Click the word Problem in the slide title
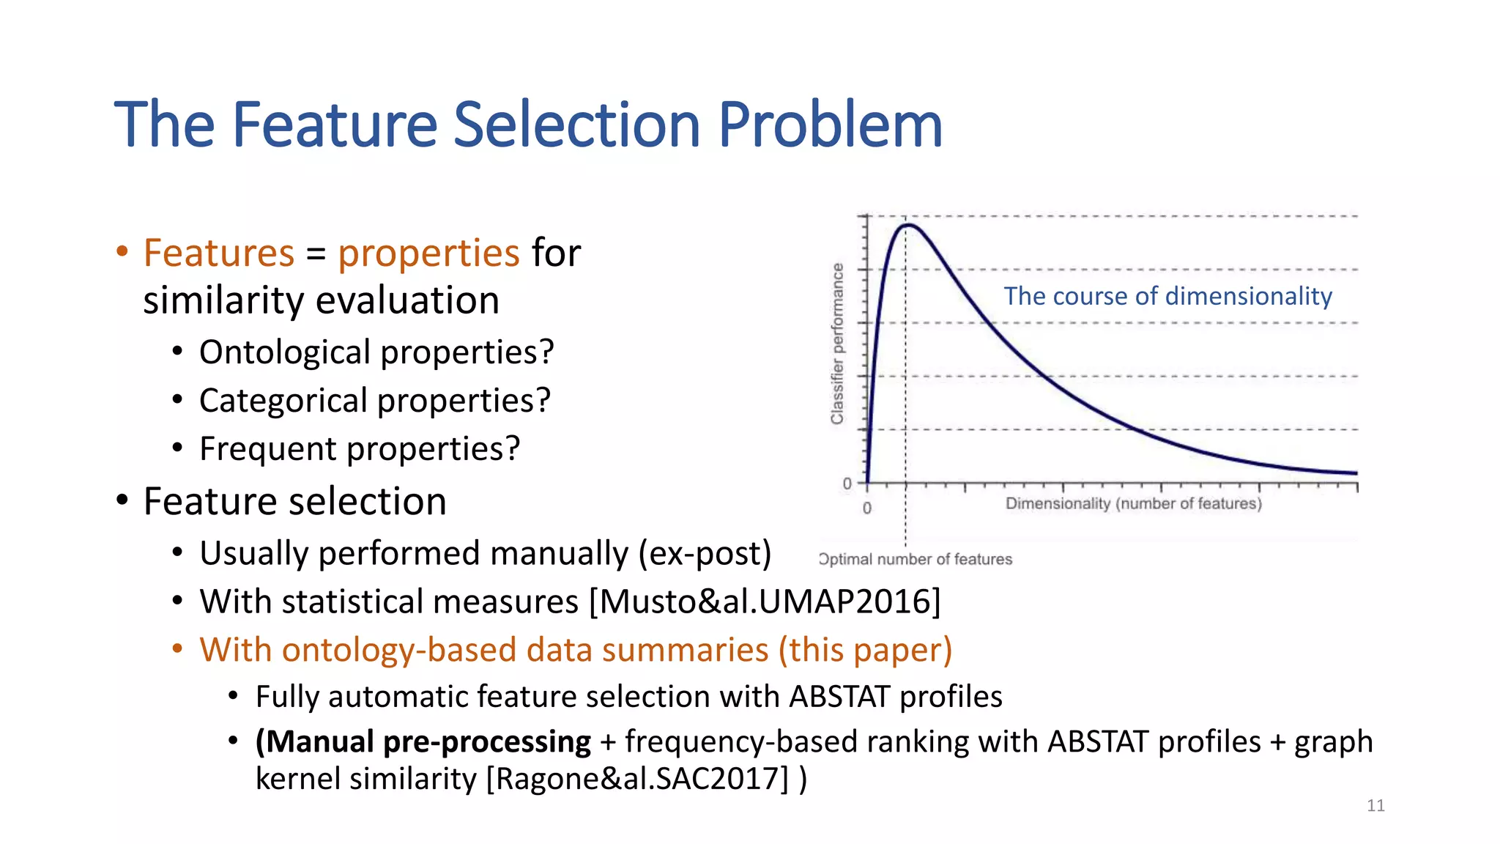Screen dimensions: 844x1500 (x=830, y=125)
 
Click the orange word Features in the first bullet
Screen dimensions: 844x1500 (x=218, y=253)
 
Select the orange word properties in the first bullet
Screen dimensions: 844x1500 (x=428, y=253)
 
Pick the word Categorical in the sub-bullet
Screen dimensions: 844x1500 (x=283, y=401)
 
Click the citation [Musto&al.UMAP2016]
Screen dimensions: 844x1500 (x=765, y=602)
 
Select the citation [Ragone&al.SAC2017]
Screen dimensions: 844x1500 (x=639, y=779)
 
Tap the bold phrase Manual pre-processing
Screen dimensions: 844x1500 (x=423, y=741)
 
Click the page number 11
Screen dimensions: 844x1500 (x=1375, y=806)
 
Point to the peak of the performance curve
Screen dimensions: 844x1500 (x=907, y=225)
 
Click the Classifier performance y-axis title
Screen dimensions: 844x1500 (x=837, y=344)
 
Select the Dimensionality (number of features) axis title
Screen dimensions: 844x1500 (x=1133, y=504)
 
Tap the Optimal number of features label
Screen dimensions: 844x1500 (x=916, y=560)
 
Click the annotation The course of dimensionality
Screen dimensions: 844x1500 (x=1167, y=296)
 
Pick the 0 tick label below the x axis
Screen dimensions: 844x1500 (x=867, y=508)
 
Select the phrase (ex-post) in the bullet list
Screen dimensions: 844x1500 (x=705, y=554)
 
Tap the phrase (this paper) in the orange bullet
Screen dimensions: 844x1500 (x=865, y=651)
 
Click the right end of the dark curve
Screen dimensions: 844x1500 (x=1356, y=473)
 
